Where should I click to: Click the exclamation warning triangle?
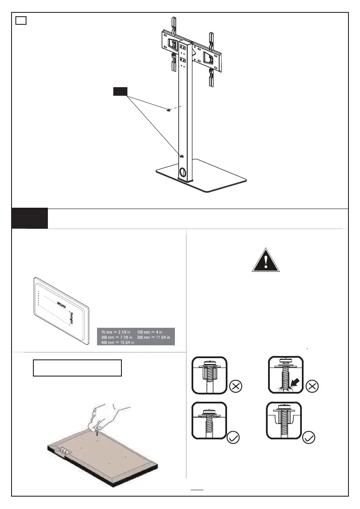coord(266,260)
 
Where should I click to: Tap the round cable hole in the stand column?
coord(183,173)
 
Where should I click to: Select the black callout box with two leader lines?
coord(120,91)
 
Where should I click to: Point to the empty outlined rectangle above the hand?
coord(77,368)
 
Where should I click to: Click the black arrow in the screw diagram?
coord(295,377)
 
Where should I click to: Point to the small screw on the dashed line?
coord(168,110)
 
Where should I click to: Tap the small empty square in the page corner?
coord(21,21)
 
